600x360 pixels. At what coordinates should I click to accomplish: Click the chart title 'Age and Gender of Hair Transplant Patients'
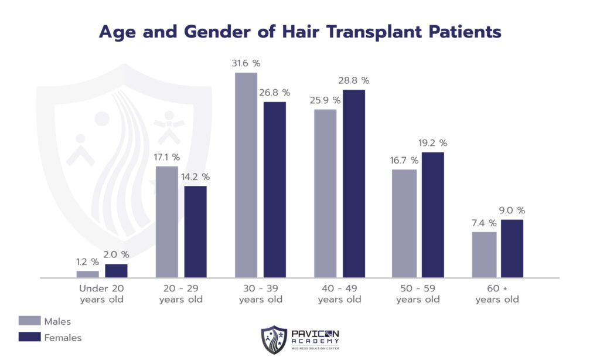point(300,32)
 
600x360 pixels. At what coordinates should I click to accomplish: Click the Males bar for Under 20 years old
point(87,274)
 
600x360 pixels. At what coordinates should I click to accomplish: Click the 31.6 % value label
point(246,63)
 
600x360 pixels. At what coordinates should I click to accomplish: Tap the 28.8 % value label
point(354,80)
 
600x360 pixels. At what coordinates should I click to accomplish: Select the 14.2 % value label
point(195,176)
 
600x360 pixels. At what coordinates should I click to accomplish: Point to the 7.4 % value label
point(484,223)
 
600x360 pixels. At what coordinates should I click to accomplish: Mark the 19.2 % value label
point(432,143)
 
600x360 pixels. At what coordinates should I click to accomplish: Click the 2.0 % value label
point(116,254)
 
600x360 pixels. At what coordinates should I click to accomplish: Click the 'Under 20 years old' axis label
point(102,294)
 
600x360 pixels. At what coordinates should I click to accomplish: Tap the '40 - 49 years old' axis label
point(340,294)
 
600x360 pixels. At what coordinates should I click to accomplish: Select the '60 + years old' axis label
point(497,294)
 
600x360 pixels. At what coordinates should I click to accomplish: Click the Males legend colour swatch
point(29,321)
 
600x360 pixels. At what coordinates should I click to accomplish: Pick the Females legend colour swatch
point(29,337)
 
